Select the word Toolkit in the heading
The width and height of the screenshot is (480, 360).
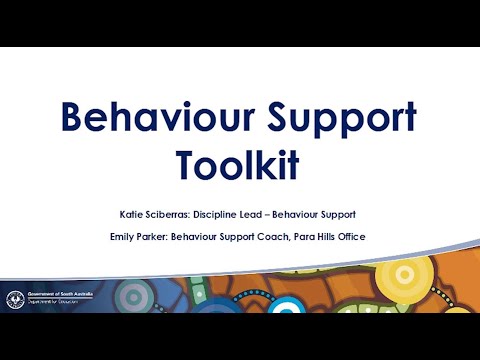click(237, 165)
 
